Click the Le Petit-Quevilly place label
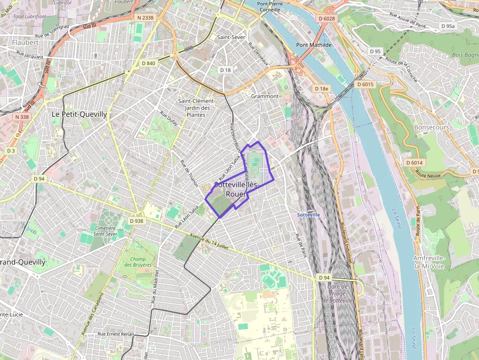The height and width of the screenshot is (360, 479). [79, 114]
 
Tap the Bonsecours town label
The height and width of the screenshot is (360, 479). [431, 127]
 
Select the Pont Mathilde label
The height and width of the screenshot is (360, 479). [314, 45]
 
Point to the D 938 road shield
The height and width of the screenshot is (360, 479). [137, 221]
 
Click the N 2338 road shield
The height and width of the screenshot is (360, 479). [145, 18]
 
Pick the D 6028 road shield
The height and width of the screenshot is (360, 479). [327, 19]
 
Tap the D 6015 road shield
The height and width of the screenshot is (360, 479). [365, 85]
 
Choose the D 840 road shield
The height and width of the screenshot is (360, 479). [148, 63]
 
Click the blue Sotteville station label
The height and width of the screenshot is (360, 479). [309, 214]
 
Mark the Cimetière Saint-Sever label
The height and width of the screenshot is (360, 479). [105, 231]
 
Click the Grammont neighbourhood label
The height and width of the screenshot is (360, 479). [264, 96]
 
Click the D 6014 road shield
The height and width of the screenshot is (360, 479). [414, 162]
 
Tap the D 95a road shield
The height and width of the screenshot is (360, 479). [447, 26]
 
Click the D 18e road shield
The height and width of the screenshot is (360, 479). [322, 88]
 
